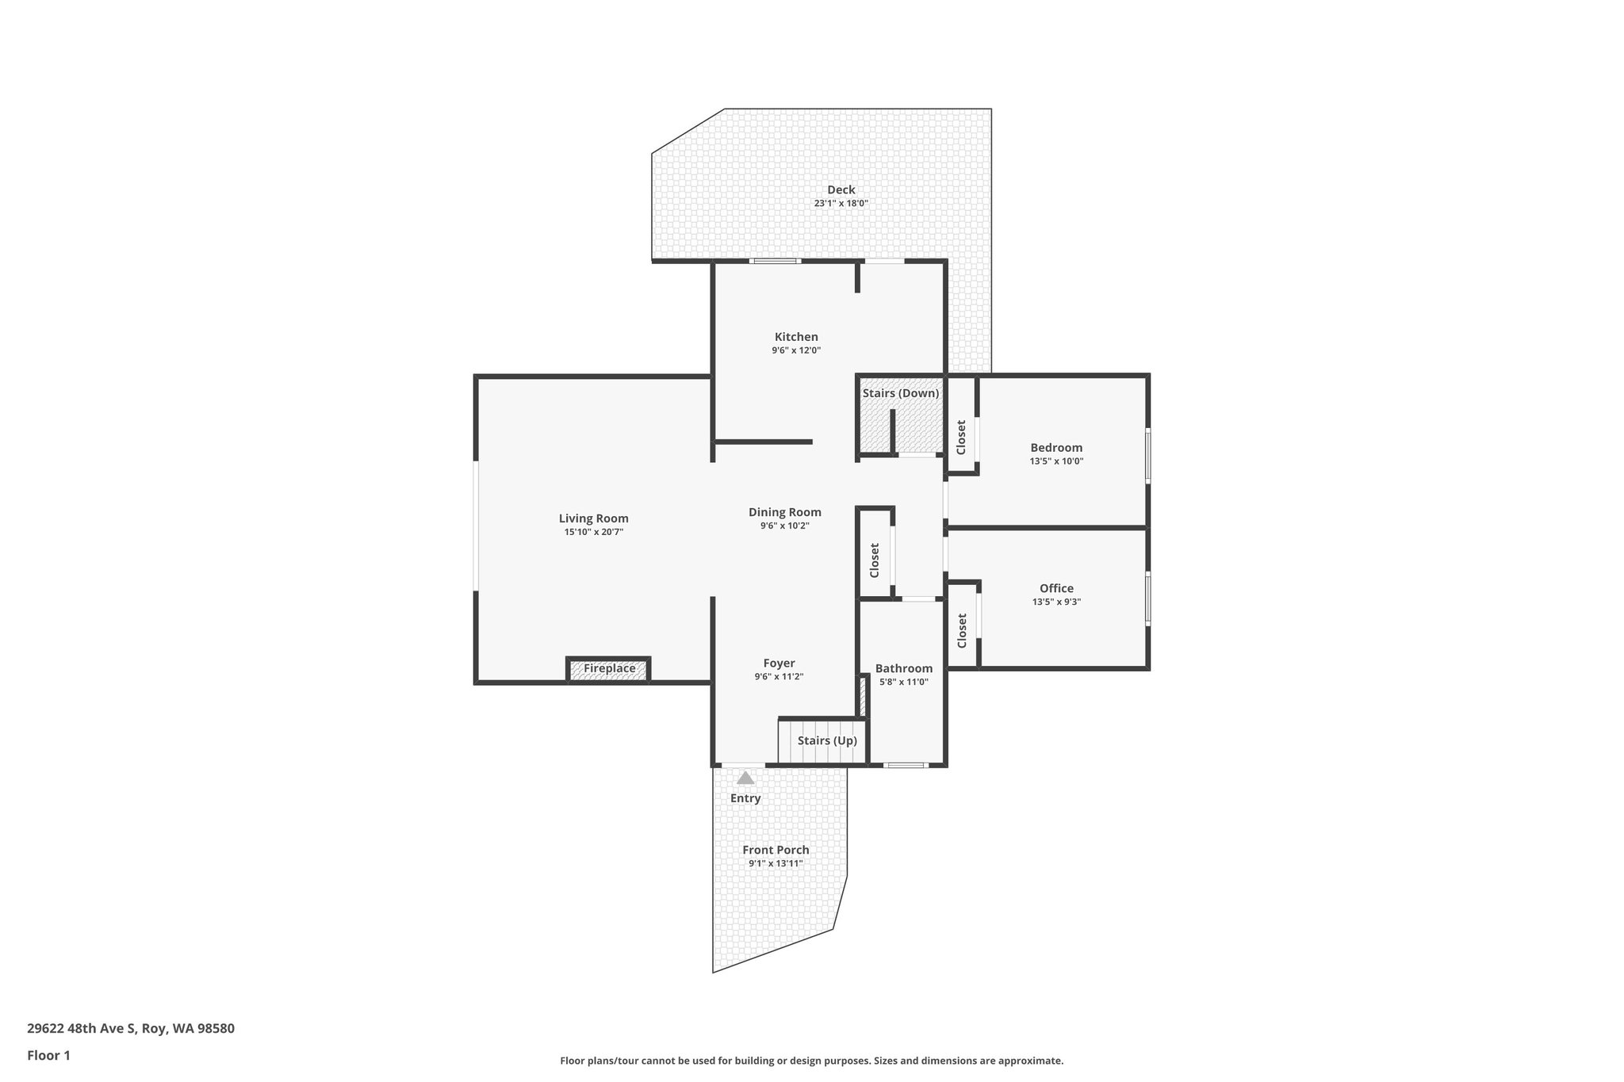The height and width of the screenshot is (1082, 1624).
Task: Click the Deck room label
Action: [841, 189]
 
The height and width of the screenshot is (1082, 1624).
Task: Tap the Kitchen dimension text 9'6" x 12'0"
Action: [796, 350]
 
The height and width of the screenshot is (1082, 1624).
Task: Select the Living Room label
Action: [593, 518]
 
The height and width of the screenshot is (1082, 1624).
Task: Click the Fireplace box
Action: [609, 669]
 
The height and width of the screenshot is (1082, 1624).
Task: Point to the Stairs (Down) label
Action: [901, 393]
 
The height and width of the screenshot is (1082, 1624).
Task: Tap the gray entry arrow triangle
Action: [745, 778]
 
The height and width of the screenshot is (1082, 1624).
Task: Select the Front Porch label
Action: [776, 850]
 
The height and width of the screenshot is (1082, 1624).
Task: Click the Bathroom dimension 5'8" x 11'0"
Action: [903, 682]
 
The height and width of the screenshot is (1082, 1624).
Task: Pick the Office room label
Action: [1056, 588]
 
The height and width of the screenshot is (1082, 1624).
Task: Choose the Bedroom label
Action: [1056, 448]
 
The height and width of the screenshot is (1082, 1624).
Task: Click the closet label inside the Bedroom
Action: [961, 438]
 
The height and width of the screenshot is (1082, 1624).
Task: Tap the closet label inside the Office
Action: [962, 631]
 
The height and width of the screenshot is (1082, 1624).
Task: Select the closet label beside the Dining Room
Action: [875, 560]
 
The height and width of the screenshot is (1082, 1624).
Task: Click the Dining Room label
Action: [784, 512]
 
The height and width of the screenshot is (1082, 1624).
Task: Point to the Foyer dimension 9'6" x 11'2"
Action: [779, 677]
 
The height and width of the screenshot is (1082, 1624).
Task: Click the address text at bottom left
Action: [131, 1029]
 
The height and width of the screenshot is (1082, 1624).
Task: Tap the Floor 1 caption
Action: [49, 1056]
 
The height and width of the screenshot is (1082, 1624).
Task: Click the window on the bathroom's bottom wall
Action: [905, 765]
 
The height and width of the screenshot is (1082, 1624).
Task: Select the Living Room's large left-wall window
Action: [477, 526]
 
